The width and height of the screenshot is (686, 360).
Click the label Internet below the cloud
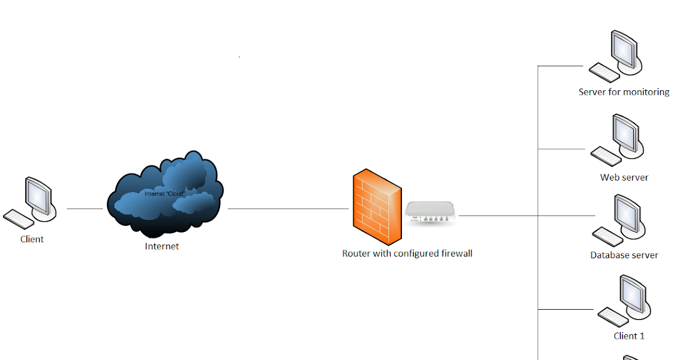click(x=162, y=247)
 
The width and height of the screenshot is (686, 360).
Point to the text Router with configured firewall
click(x=407, y=254)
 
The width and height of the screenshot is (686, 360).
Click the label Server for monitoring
click(x=624, y=92)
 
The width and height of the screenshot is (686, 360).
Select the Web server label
click(x=624, y=178)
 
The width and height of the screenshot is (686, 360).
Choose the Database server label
click(x=624, y=255)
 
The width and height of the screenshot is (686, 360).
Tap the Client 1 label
click(x=629, y=336)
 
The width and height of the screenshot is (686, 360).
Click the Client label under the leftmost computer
click(x=32, y=239)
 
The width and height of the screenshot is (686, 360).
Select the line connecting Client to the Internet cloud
click(x=85, y=209)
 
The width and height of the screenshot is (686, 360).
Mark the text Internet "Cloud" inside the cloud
click(x=164, y=194)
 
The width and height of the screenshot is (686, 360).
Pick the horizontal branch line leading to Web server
click(x=563, y=149)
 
